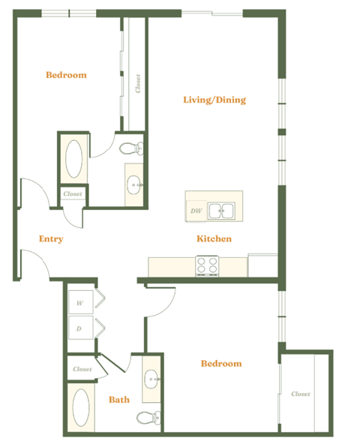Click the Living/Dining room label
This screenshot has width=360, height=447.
point(214,100)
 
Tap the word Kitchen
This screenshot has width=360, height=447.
point(214,239)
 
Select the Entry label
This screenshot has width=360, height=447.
point(51,239)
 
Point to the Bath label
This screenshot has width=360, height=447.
point(119,400)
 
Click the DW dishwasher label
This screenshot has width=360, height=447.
point(196,211)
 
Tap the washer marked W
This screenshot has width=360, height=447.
point(79,303)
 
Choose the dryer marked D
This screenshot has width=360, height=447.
point(79,328)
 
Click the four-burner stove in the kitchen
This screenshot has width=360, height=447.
point(207,265)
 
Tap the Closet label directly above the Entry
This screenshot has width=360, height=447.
point(73,193)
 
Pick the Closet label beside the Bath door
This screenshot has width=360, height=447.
point(82,369)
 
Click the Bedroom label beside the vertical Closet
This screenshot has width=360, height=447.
point(66,75)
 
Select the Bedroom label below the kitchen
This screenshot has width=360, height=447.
point(221,364)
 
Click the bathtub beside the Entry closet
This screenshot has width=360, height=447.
point(75,159)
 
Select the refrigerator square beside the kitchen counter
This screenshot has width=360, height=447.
point(263,265)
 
